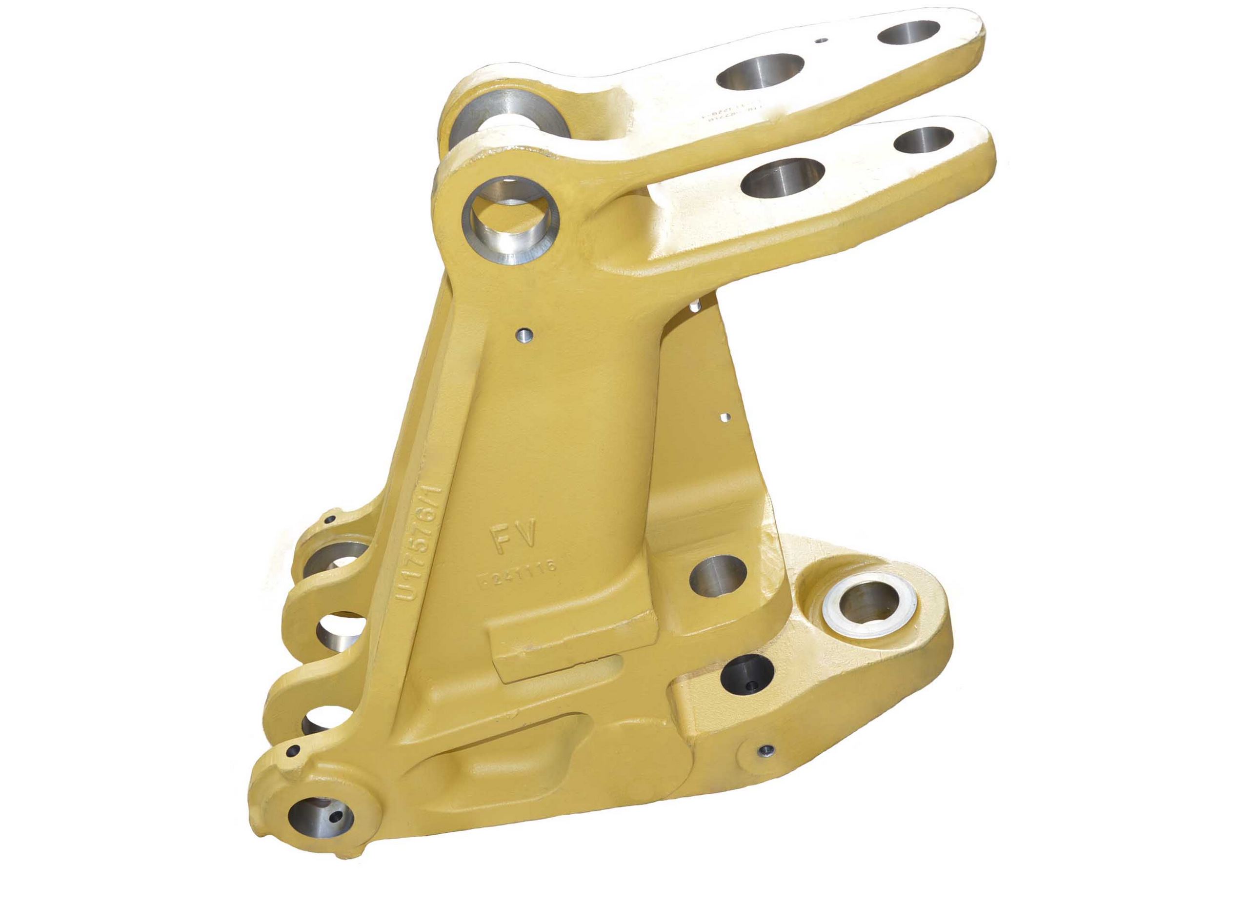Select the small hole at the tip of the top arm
pyautogui.click(x=908, y=33)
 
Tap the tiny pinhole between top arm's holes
pyautogui.click(x=822, y=40)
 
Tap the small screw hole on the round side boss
pyautogui.click(x=766, y=749)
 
